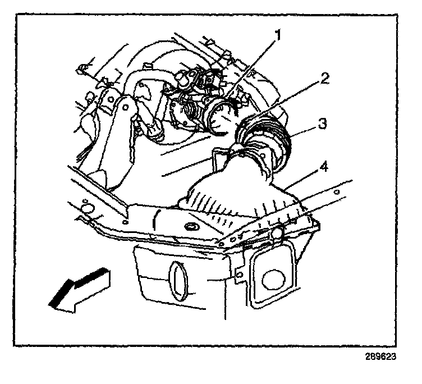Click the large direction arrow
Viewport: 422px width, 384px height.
[79, 289]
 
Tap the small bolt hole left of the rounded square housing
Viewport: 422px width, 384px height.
[239, 275]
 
